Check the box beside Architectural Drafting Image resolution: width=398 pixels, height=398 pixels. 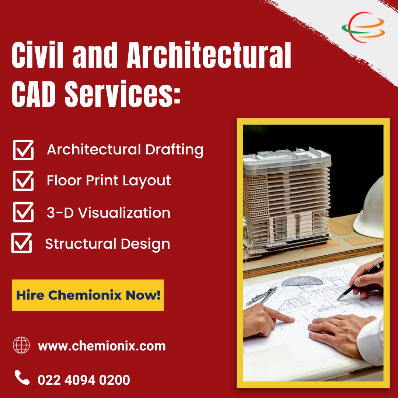(23, 150)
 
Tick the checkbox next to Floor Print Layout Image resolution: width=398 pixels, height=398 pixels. (23, 181)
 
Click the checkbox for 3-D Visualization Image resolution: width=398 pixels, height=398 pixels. (23, 212)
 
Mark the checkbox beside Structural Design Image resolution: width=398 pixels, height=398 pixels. (22, 243)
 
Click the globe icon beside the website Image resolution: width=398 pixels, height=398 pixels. (21, 345)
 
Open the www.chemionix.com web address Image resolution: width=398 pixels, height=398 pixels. (102, 346)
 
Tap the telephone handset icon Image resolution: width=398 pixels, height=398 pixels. (22, 378)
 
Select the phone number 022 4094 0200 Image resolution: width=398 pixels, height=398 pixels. (84, 380)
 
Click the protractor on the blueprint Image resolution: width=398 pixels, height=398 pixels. (302, 281)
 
